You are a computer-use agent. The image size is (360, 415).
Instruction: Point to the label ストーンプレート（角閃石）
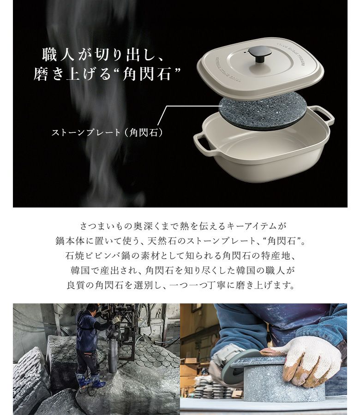107,132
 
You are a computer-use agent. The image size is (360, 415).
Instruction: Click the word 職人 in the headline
58,55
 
